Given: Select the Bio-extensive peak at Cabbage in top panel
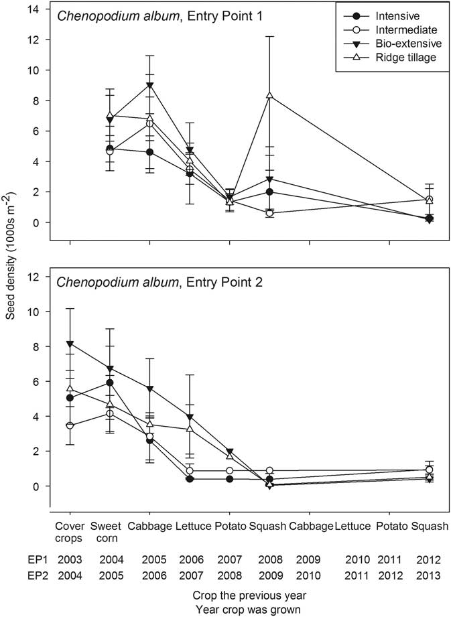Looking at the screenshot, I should (x=149, y=85).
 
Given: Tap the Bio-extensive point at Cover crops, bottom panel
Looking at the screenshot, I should (x=70, y=344).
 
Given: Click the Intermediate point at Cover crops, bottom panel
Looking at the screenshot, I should (x=70, y=425).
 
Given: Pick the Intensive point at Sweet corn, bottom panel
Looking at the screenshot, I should (x=110, y=383).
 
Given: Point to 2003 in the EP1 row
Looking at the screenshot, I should (x=70, y=558).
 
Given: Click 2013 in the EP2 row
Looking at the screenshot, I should (x=429, y=575).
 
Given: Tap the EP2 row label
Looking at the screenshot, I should (x=20, y=575).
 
